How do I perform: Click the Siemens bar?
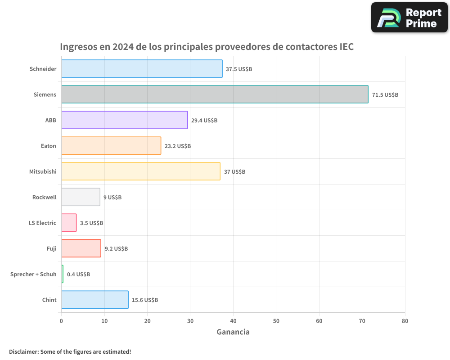pyautogui.click(x=215, y=94)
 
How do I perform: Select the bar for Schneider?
pyautogui.click(x=142, y=69)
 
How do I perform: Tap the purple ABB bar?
pyautogui.click(x=124, y=120)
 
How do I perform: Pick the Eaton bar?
pyautogui.click(x=111, y=146)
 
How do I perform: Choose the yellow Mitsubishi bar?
pyautogui.click(x=141, y=171)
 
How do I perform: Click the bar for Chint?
pyautogui.click(x=94, y=300)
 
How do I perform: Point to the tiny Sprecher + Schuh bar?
pyautogui.click(x=62, y=274)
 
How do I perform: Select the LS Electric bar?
pyautogui.click(x=69, y=223)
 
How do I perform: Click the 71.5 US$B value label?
pyautogui.click(x=385, y=95)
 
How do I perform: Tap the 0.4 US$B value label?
pyautogui.click(x=78, y=274)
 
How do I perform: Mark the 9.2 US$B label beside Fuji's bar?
pyautogui.click(x=116, y=249)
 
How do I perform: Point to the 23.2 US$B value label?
pyautogui.click(x=177, y=146)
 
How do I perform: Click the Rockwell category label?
pyautogui.click(x=44, y=197)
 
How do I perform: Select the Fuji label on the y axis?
pyautogui.click(x=51, y=248)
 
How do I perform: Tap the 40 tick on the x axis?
pyautogui.click(x=233, y=321)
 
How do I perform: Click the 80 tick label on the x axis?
pyautogui.click(x=405, y=321)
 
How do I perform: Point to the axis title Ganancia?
pyautogui.click(x=233, y=332)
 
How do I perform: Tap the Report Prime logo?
pyautogui.click(x=409, y=18)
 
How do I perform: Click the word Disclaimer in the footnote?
pyautogui.click(x=23, y=351)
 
